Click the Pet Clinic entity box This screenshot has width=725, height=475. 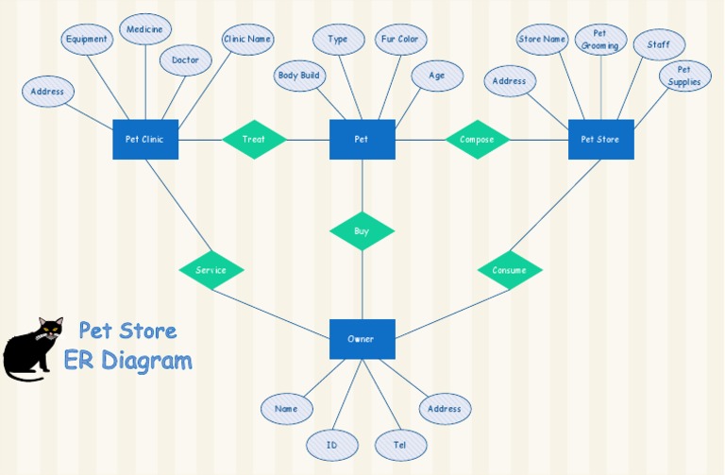pos(145,139)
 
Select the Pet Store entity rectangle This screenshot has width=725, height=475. pos(600,139)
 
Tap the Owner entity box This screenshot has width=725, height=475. pos(362,339)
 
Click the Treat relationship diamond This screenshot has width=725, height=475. pos(254,139)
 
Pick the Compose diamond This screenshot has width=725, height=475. pos(477,139)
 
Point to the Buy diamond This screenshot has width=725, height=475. pos(362,230)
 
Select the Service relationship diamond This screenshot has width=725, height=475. pos(211,270)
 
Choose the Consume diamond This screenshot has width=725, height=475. pos(510,270)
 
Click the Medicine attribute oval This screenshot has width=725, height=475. pos(145,29)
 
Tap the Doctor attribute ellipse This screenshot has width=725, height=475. pos(185,60)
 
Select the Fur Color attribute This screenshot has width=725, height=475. pos(400,40)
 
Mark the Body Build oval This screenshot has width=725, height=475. pos(299,76)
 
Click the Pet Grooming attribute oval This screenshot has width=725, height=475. pos(600,40)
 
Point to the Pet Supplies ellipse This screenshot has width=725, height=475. pos(684,76)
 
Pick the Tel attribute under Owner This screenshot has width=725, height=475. pos(400,445)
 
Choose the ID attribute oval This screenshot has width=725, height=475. pos(332,445)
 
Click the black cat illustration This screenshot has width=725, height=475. pos(32,349)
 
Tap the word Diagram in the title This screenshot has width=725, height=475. pos(146,362)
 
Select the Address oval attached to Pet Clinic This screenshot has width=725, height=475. pos(47,91)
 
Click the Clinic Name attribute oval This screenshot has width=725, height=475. pos(247,40)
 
